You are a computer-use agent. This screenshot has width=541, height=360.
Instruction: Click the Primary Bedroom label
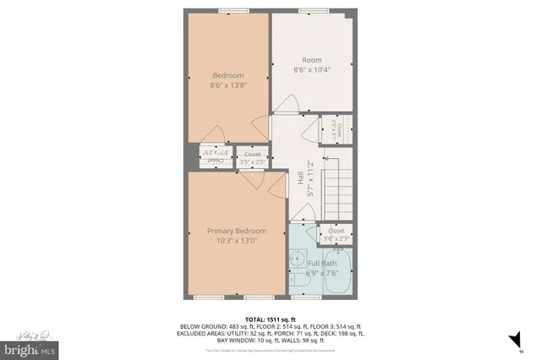(x=238, y=231)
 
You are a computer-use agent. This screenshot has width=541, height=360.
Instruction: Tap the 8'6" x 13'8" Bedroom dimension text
(x=227, y=85)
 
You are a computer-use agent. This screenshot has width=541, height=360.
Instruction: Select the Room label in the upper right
(x=312, y=60)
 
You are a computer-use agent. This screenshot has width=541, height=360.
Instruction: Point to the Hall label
(x=301, y=178)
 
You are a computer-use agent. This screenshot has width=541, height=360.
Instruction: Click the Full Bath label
(x=321, y=264)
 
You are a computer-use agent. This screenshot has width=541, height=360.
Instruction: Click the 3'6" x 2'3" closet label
(x=336, y=234)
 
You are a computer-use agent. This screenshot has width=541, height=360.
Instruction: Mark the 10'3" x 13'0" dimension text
(x=238, y=241)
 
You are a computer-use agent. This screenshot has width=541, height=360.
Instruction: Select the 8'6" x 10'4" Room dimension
(x=312, y=70)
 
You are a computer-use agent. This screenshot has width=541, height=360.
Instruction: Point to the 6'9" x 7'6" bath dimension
(x=321, y=274)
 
